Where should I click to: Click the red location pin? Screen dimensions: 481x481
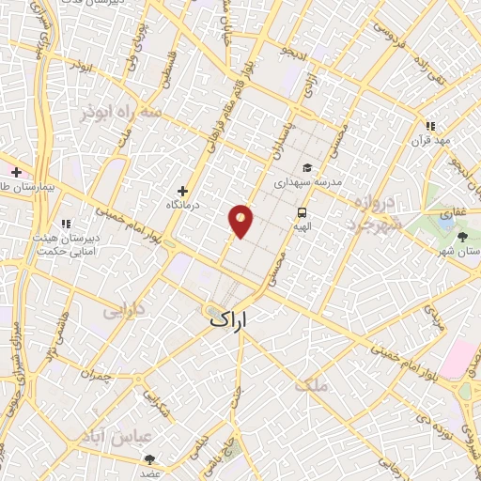click(x=241, y=221)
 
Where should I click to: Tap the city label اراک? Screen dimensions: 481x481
click(x=229, y=321)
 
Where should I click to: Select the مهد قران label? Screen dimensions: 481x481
click(x=430, y=140)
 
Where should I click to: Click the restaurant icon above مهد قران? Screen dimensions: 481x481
click(x=430, y=125)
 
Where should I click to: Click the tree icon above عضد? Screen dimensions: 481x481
click(x=150, y=458)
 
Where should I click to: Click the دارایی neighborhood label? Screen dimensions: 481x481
click(x=123, y=309)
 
